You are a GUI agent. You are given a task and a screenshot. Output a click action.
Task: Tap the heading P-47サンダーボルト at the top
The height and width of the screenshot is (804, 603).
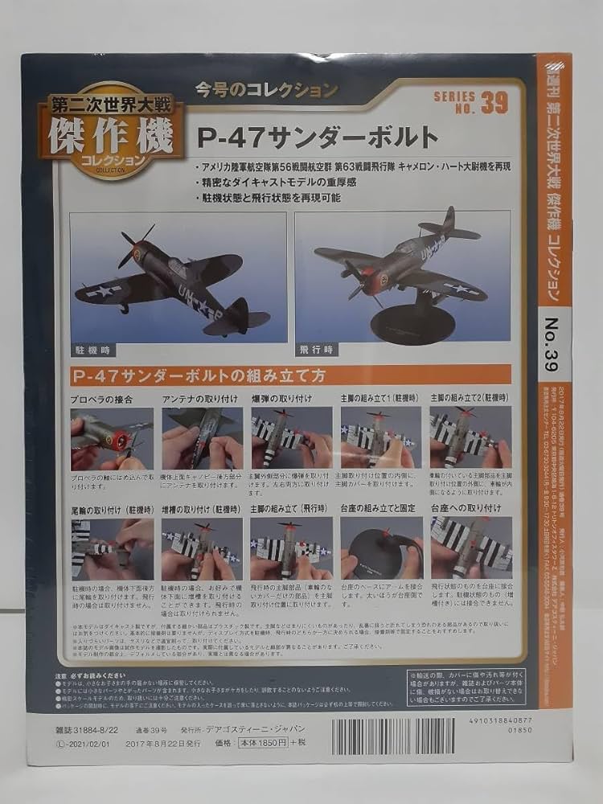[318, 137]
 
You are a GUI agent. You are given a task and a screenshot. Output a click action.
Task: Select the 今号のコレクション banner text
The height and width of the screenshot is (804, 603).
[267, 91]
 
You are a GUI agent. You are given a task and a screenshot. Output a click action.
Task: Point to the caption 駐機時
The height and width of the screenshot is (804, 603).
[89, 351]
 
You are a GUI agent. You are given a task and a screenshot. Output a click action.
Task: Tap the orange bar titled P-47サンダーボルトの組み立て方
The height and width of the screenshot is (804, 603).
[289, 375]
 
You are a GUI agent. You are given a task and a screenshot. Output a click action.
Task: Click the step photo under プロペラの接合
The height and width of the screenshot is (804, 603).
[111, 438]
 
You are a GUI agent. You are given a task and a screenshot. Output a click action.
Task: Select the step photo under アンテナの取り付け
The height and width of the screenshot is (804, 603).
[201, 438]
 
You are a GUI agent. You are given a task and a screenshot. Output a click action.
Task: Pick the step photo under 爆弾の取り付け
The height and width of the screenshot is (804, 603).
[291, 438]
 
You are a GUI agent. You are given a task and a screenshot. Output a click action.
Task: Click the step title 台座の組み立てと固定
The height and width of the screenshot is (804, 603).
[375, 508]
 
